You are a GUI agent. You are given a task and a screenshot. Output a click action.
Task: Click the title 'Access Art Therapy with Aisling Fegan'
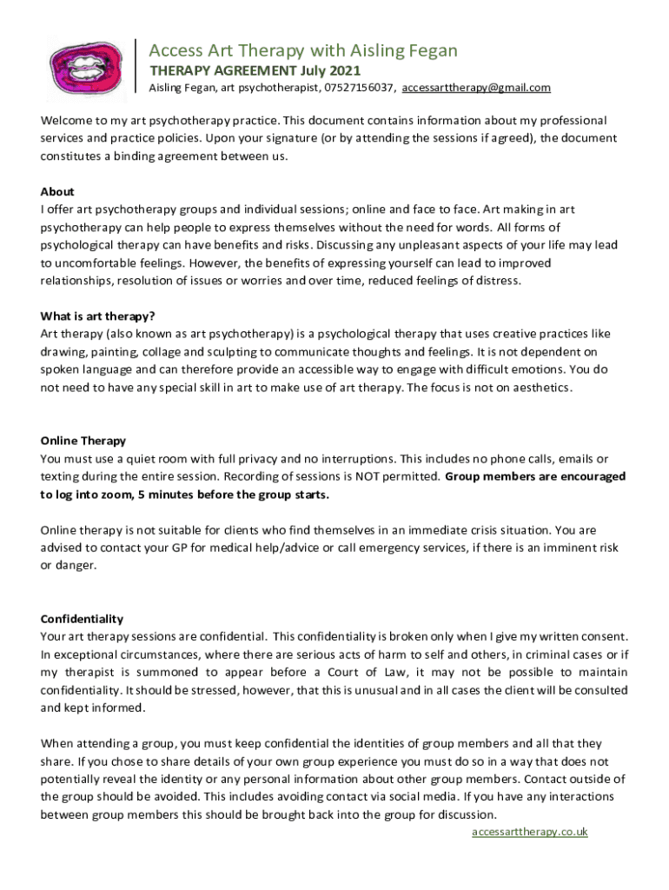coord(302,50)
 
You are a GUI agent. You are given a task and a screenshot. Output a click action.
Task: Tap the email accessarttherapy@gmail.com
coord(476,88)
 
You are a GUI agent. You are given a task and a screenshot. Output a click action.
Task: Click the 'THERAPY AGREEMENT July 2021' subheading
coord(255,70)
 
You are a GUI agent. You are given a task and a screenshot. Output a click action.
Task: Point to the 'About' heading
coord(57,191)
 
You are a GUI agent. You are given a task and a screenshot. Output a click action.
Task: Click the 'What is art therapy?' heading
coord(97,316)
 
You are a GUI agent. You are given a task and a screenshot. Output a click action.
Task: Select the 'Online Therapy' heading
coord(83,441)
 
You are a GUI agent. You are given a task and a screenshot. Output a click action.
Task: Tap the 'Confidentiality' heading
coord(82,619)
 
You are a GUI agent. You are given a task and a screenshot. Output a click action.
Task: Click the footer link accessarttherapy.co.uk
coord(530,832)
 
